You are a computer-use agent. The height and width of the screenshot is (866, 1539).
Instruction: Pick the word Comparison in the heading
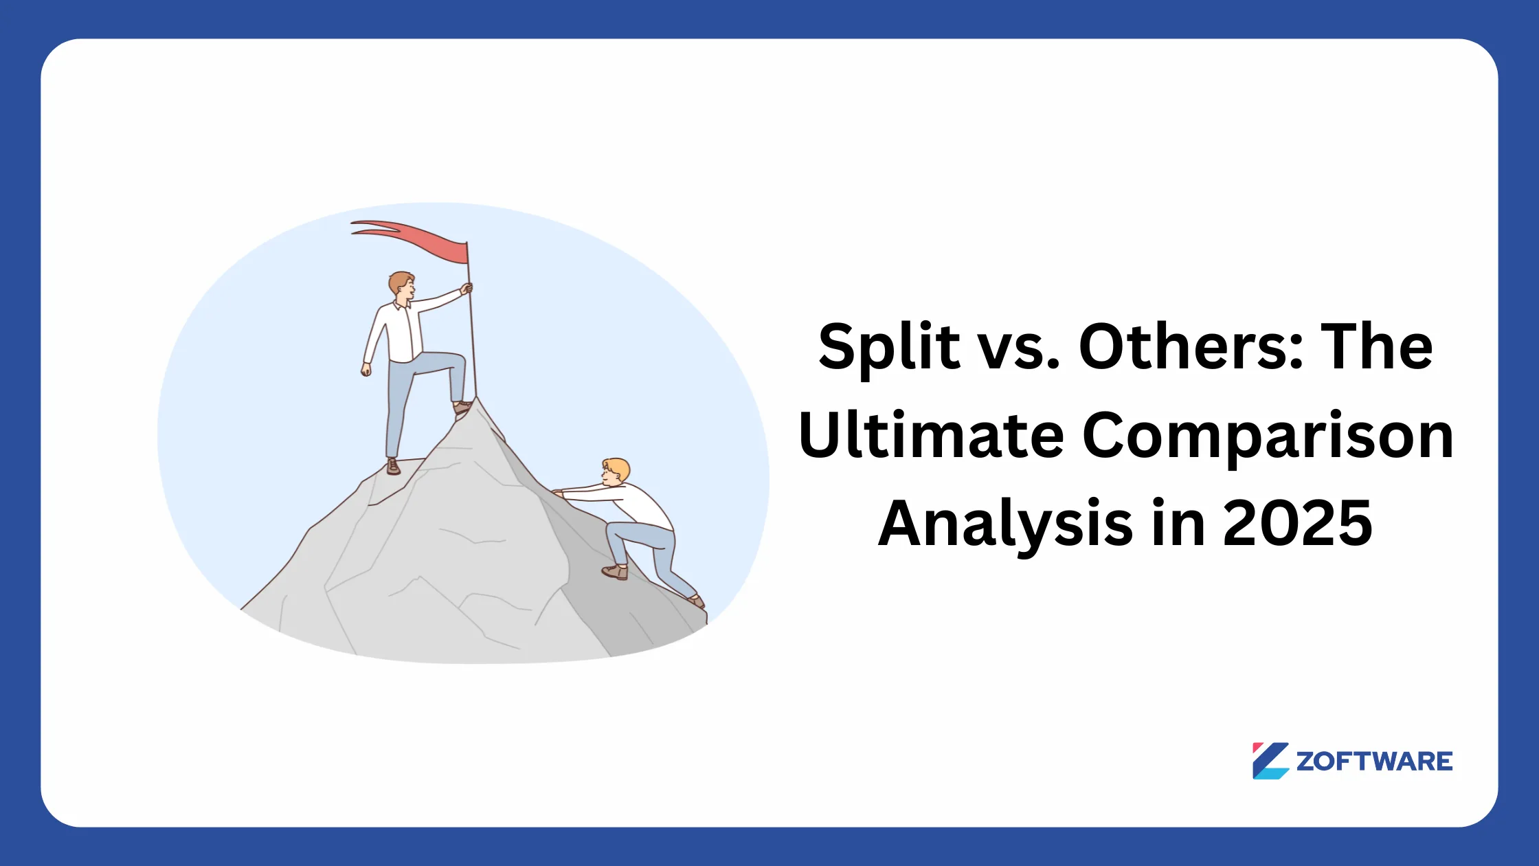tap(1268, 436)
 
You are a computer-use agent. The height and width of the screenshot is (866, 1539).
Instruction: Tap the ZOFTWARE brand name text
tap(1374, 762)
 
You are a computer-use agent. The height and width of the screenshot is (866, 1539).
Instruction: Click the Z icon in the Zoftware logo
tap(1270, 761)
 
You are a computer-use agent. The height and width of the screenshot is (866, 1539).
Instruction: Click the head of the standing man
tap(401, 285)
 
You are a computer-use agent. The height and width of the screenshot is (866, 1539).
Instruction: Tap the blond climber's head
tap(615, 471)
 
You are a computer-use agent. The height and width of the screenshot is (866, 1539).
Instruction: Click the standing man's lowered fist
tap(366, 370)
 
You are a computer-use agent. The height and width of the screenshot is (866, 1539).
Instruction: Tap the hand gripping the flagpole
tap(467, 289)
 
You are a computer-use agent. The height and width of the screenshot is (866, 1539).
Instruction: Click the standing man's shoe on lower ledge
tap(393, 467)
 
